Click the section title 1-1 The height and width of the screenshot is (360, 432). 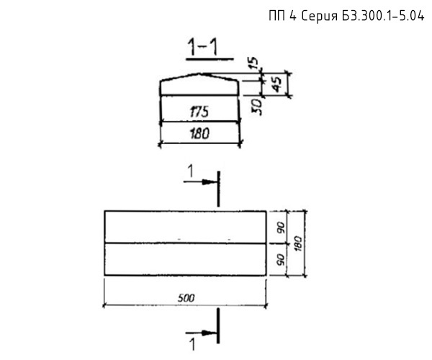click(202, 47)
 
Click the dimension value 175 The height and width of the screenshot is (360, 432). click(199, 112)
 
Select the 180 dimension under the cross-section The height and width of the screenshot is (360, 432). click(199, 134)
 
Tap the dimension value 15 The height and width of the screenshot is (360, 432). click(254, 63)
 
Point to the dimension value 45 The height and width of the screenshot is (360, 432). click(276, 84)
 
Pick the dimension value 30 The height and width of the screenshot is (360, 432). click(256, 107)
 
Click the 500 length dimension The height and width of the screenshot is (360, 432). click(186, 298)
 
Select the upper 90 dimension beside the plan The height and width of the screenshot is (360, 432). click(282, 228)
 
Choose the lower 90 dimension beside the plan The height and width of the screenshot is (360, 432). click(281, 260)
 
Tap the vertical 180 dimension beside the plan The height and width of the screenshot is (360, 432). click(298, 243)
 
